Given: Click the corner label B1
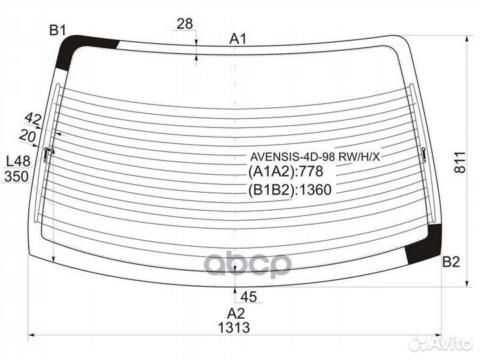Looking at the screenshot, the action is pos(58,30).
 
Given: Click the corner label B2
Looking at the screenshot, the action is pos(451,262).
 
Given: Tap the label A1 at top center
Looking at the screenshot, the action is pos(238,39).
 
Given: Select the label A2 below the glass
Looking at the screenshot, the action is pos(236,313).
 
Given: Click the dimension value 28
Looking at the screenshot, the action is pos(185,23).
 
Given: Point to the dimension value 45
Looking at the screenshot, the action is pos(249,297).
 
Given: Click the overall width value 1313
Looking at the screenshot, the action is pos(234,327).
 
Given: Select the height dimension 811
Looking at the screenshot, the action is pos(459,162).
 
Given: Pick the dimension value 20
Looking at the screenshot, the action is pos(27,135).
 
